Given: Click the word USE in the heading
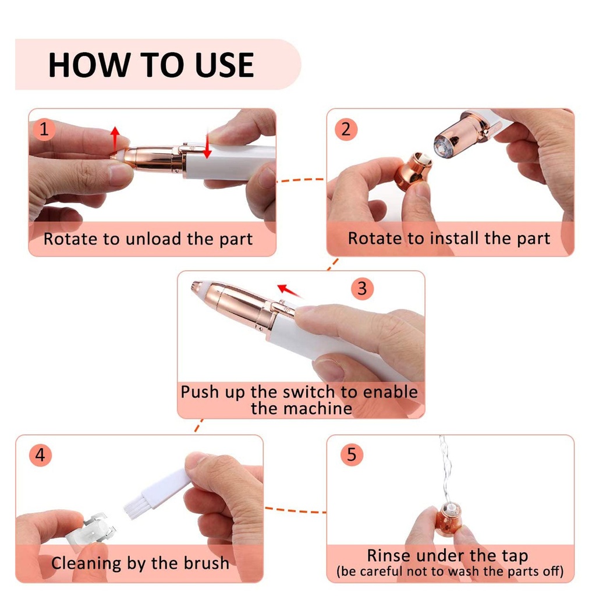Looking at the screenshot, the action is pos(224,65).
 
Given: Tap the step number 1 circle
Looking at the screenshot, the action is pos(44,129).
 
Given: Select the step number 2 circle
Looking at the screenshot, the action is pos(346,129).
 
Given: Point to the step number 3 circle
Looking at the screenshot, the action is pos(362,288).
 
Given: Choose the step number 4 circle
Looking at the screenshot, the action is pos(40,455).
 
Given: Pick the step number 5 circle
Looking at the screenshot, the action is pos(352,455).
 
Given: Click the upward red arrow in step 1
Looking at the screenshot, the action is pos(115,139).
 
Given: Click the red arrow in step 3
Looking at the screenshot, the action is pos(290,291).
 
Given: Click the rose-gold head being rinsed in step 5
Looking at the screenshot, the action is pos(449,519).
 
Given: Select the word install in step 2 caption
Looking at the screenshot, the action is pos(454,238).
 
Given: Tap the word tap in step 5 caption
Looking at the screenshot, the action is pos(515,556).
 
